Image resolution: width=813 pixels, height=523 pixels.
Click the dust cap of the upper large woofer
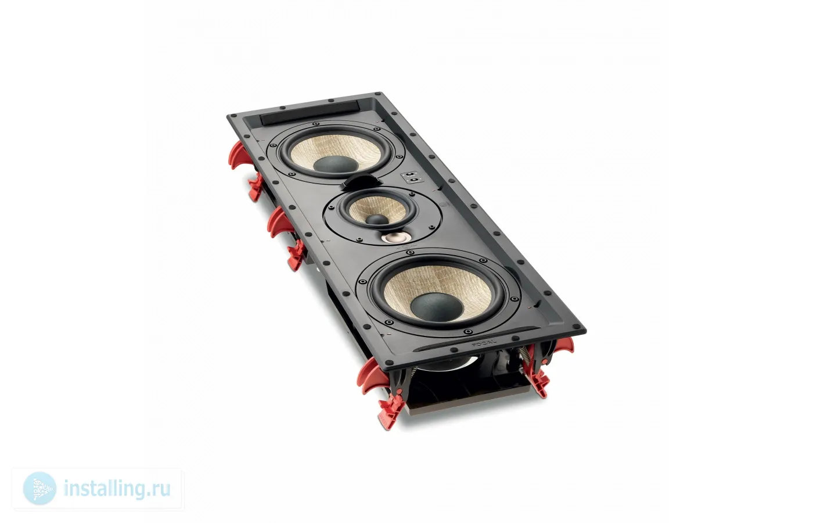(336, 164)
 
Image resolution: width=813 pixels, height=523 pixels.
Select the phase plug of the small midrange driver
(376, 219)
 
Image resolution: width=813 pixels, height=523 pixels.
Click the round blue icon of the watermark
(40, 488)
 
